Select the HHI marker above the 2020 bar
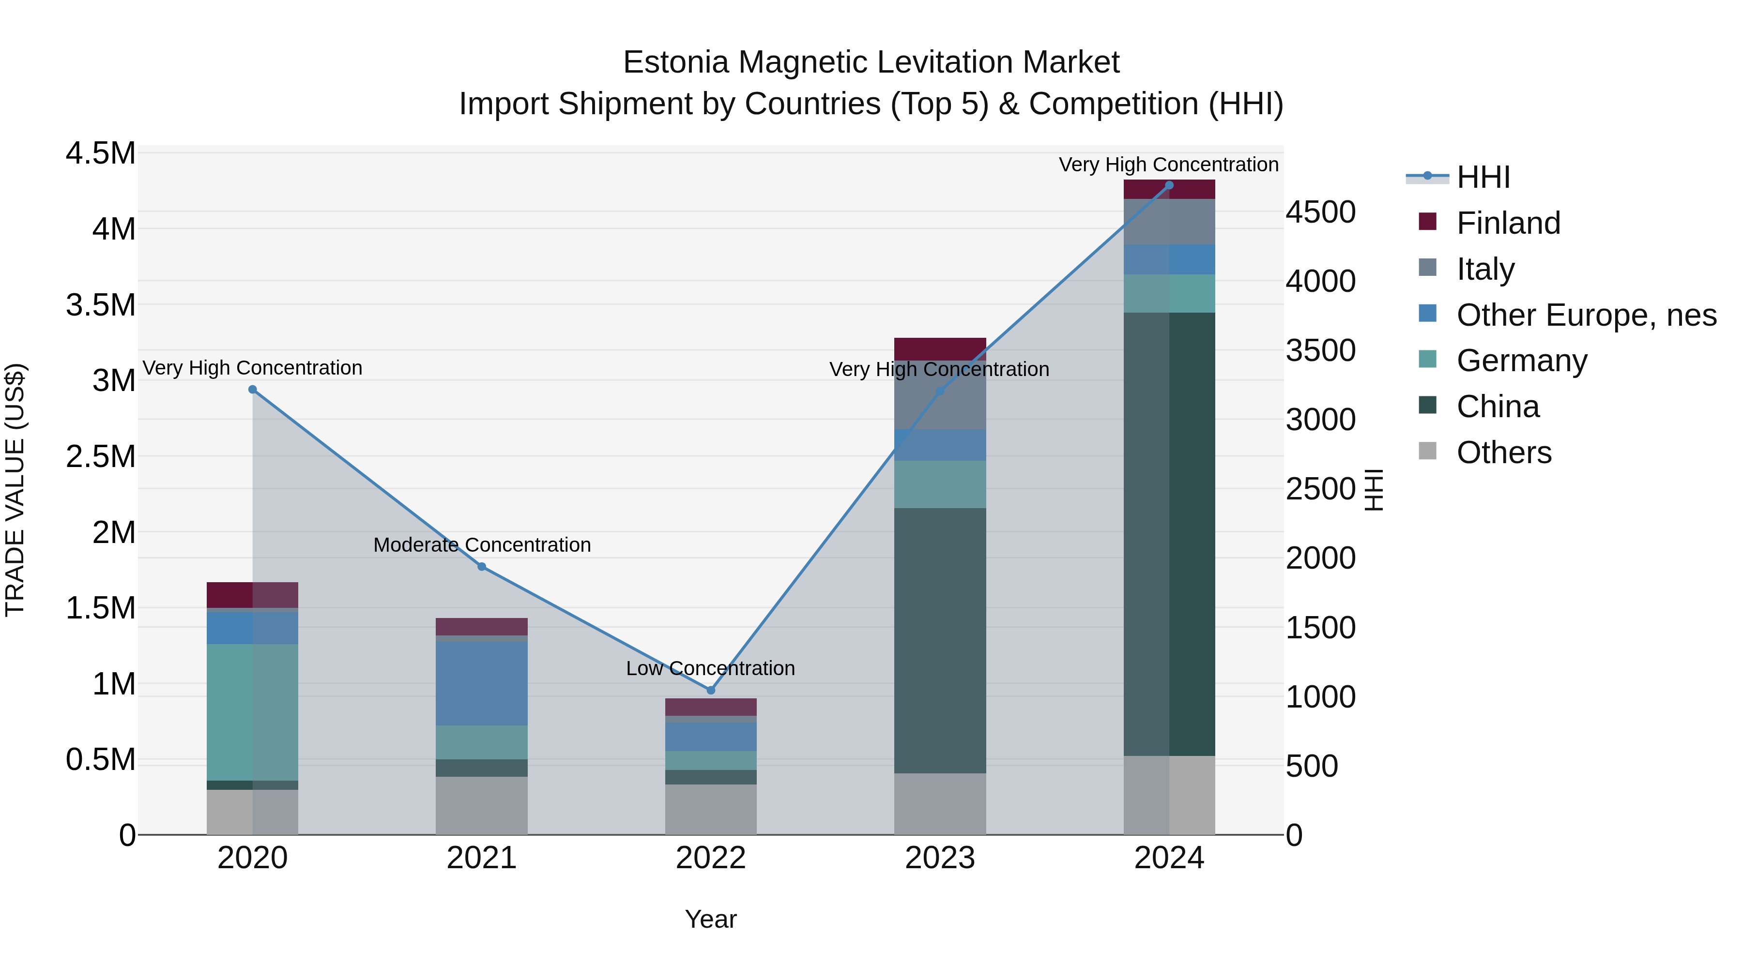(x=252, y=390)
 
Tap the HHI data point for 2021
(x=482, y=567)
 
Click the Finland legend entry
(x=1508, y=223)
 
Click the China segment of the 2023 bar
(x=940, y=640)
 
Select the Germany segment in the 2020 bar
(x=252, y=712)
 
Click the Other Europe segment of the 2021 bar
(x=482, y=683)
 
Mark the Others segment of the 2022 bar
(x=710, y=810)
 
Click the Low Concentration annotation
(x=710, y=668)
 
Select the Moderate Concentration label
(x=482, y=545)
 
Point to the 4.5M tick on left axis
(x=100, y=153)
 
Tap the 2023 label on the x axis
(x=940, y=858)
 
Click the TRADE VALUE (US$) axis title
(x=15, y=490)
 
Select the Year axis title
(x=710, y=919)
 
